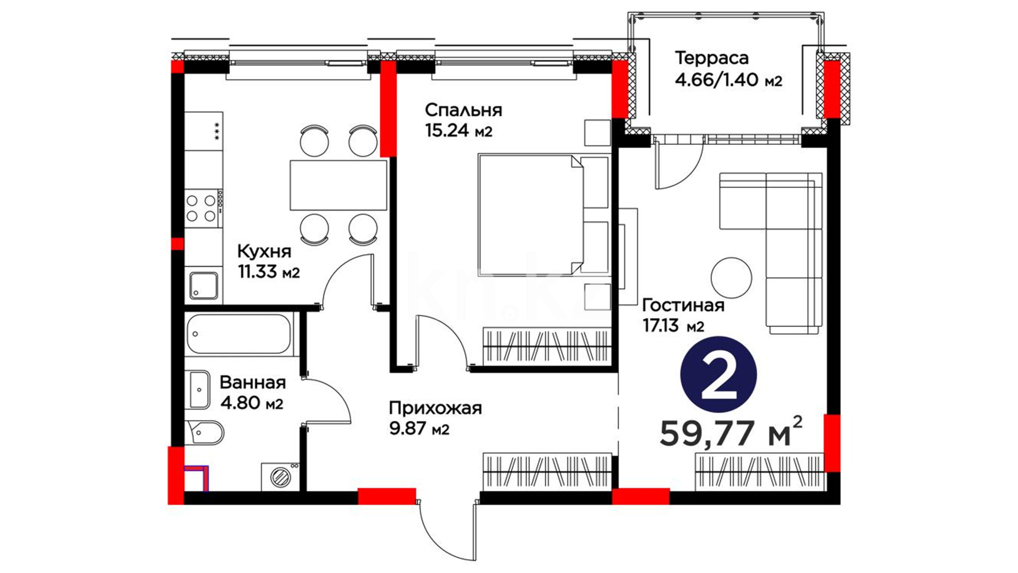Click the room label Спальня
pos(463,110)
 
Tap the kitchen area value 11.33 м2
pos(269,272)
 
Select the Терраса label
pos(712,57)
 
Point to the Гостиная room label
pos(683,305)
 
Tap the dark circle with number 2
pos(718,375)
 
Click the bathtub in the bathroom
pos(239,334)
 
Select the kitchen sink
pos(204,286)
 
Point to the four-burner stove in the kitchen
pos(204,208)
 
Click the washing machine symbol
pos(280,476)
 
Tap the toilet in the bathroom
pos(204,432)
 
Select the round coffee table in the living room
pos(731,278)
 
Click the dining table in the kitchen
pos(338,185)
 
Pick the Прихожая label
pos(435,408)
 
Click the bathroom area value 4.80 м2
pos(251,403)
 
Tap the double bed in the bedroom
pos(543,214)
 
